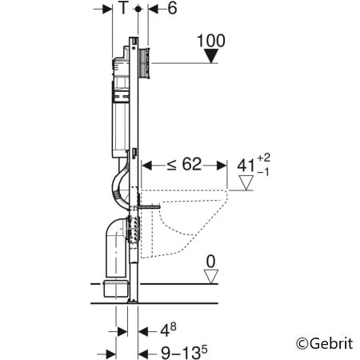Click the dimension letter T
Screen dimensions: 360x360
tap(122, 9)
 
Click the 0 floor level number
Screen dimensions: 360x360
tap(210, 260)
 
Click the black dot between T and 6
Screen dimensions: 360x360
tap(139, 9)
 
